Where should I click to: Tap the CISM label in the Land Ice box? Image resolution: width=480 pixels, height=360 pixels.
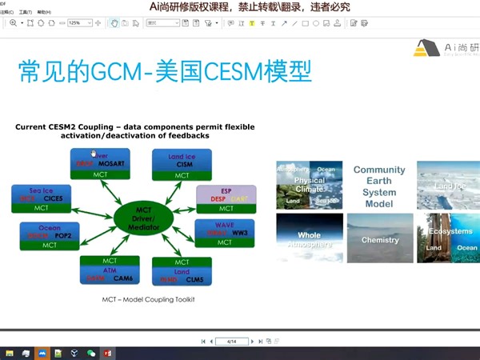[x=182, y=163]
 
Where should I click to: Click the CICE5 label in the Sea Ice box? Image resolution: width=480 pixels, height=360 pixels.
[x=53, y=198]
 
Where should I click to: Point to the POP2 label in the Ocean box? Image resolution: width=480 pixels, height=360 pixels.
[x=62, y=236]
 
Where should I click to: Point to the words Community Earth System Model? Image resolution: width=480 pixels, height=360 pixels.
[x=379, y=186]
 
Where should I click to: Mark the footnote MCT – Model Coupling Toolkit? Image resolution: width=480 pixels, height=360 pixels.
[x=148, y=299]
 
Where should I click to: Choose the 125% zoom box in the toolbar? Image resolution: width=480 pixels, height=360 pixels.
[x=79, y=22]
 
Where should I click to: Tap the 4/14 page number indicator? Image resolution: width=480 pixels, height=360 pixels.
[x=231, y=341]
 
